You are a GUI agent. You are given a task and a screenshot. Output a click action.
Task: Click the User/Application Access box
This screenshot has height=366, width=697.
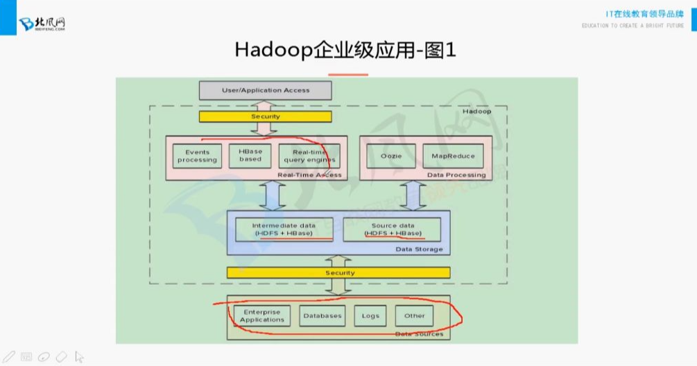coord(266,90)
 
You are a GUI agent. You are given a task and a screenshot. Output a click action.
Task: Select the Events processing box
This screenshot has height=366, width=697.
coord(197,155)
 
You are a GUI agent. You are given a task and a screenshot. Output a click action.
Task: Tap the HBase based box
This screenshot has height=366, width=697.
coord(250,155)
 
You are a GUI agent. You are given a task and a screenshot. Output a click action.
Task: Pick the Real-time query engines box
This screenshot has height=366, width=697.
coord(309,155)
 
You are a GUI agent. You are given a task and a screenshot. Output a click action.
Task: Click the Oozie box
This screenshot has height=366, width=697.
coord(392,156)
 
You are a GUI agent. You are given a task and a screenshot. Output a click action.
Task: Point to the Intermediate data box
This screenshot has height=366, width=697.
coord(284,229)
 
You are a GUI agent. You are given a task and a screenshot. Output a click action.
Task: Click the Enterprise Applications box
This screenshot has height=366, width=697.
coord(261,316)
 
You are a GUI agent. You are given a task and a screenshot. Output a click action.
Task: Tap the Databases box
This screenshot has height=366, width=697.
coord(322,316)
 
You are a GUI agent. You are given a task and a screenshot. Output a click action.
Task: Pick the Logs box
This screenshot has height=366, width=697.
coord(370,316)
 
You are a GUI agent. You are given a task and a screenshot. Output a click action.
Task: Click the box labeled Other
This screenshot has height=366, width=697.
coord(415,316)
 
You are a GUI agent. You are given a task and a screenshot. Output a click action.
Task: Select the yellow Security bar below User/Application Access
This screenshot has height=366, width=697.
coord(266,116)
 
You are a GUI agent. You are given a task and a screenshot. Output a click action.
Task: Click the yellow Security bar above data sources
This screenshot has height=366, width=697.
coord(340,273)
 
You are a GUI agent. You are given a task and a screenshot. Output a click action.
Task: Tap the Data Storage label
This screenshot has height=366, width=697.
coord(419,250)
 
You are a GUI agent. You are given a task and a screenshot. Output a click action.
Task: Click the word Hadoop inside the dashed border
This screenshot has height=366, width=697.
coord(476,112)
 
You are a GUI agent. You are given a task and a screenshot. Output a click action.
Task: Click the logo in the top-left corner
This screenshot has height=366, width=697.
coord(42,24)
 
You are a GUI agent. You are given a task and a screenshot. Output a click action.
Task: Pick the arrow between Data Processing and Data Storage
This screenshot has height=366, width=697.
coord(414,195)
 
